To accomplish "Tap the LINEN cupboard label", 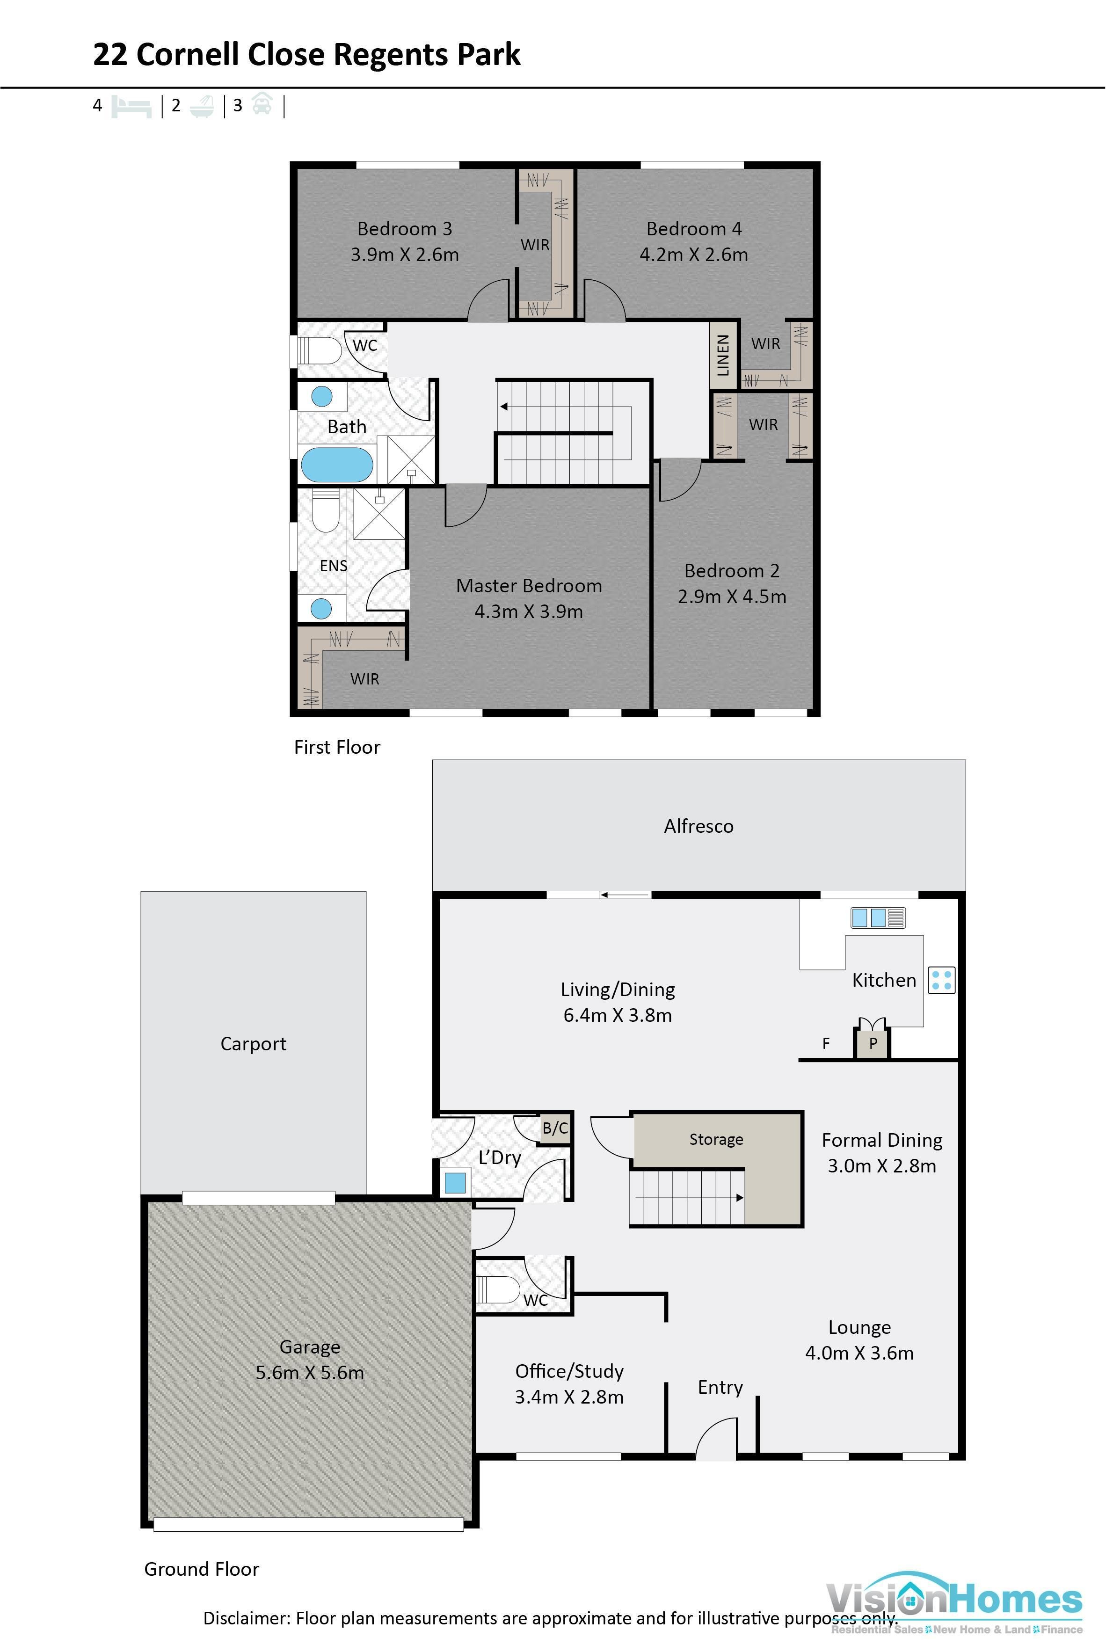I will (723, 355).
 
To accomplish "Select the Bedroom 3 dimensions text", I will (404, 255).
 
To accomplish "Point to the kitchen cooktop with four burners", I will (941, 980).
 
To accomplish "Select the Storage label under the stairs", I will (716, 1139).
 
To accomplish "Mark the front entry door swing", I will (716, 1441).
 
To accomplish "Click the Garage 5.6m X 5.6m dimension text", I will (310, 1373).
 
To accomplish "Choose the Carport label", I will (253, 1044).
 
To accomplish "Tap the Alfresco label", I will (699, 826).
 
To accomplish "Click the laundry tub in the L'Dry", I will (455, 1183).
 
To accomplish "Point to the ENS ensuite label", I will (334, 566).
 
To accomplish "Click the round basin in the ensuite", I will (321, 608).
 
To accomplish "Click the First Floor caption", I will (336, 747).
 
